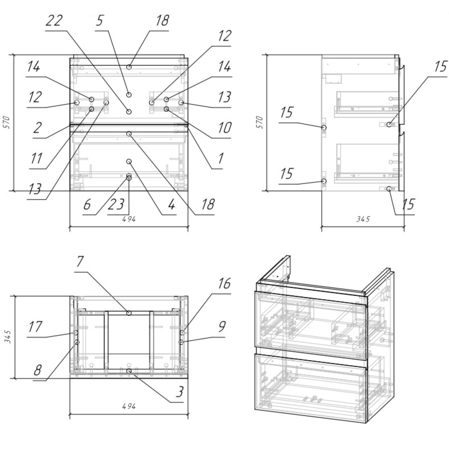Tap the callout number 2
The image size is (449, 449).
click(37, 128)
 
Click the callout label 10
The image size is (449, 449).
click(224, 128)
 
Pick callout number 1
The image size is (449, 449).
click(221, 158)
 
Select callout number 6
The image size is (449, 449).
click(87, 204)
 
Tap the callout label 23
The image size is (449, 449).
click(116, 204)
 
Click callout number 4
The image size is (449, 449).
click(171, 204)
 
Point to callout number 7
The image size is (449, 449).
click(80, 262)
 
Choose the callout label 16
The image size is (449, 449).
click(224, 283)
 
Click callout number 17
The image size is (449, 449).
click(35, 326)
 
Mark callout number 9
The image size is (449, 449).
click(222, 326)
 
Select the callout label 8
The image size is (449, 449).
click(37, 370)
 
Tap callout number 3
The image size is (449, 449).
click(180, 391)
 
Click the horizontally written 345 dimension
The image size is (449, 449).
click(363, 219)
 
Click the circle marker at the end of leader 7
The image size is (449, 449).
click(129, 313)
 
